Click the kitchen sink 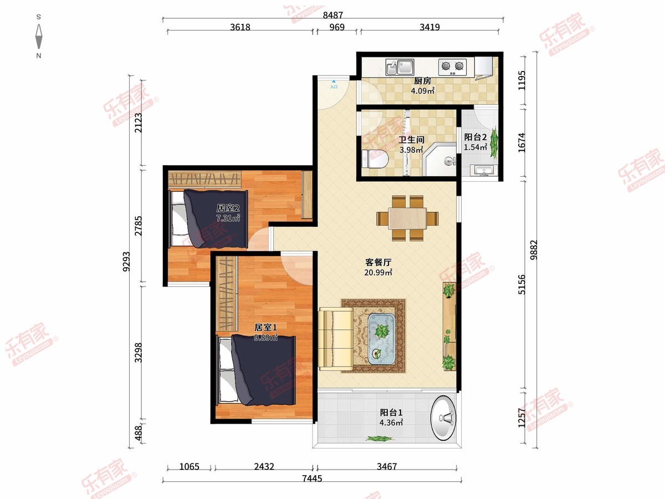400,67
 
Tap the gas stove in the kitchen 452,67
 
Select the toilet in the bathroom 375,159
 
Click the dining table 407,218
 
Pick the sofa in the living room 336,339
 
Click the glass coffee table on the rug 381,339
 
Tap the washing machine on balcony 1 443,418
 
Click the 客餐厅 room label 378,262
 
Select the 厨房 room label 422,81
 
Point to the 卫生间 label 411,140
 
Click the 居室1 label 265,328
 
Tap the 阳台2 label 475,138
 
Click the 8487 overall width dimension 332,15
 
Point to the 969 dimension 337,27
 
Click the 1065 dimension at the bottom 190,466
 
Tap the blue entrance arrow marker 334,81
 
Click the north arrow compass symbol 39,37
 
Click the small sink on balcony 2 484,170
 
